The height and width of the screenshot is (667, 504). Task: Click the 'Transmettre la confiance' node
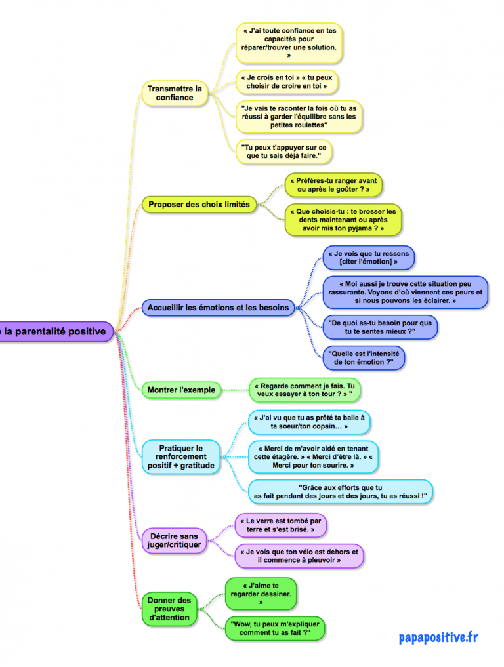pyautogui.click(x=175, y=93)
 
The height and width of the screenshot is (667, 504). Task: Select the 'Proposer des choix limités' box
pyautogui.click(x=199, y=205)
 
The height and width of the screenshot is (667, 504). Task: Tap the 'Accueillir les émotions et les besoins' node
pyautogui.click(x=218, y=307)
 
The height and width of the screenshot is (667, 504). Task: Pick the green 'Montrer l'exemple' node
pyautogui.click(x=181, y=390)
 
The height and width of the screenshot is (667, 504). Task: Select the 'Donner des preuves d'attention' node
pyautogui.click(x=169, y=609)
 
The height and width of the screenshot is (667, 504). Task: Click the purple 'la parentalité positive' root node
pyautogui.click(x=55, y=331)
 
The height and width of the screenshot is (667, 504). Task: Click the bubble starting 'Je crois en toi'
pyautogui.click(x=288, y=81)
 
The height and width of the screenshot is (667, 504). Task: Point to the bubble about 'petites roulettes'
pyautogui.click(x=298, y=117)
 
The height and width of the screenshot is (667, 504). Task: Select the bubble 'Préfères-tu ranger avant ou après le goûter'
pyautogui.click(x=333, y=184)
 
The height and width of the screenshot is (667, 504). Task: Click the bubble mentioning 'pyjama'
pyautogui.click(x=343, y=220)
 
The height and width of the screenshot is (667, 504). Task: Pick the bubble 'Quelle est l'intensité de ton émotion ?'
pyautogui.click(x=364, y=357)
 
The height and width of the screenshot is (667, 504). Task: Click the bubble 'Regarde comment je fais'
pyautogui.click(x=304, y=390)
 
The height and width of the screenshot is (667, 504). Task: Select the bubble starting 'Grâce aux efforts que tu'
pyautogui.click(x=340, y=492)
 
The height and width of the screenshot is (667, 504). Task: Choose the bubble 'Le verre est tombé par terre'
pyautogui.click(x=280, y=525)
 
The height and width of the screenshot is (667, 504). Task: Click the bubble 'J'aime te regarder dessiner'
pyautogui.click(x=261, y=593)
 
